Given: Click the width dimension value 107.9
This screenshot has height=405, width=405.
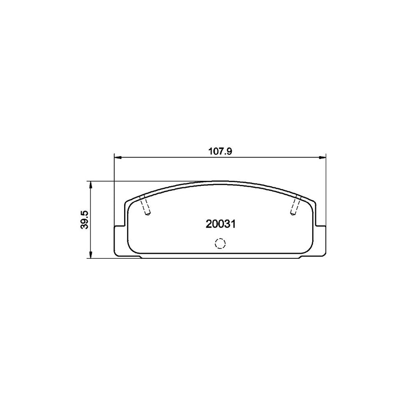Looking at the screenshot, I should [220, 152].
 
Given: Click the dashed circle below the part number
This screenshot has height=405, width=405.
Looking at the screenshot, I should [220, 243].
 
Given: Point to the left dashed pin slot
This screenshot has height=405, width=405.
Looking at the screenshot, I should [144, 206].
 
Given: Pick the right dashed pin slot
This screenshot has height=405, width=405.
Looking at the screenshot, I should [296, 206].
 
